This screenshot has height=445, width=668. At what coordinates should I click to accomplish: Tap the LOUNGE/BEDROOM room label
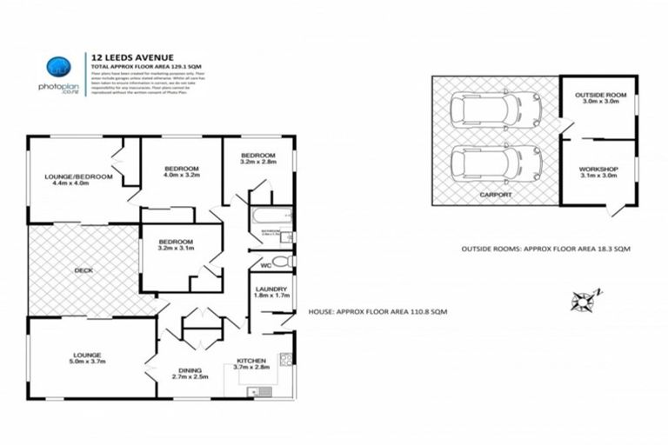[78, 179]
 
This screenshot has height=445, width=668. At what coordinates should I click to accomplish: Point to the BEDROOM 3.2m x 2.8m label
[258, 157]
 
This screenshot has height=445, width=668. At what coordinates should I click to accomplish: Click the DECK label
[83, 270]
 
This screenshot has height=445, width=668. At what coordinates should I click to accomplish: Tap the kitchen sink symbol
[260, 392]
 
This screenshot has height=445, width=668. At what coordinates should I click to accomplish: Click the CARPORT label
[495, 196]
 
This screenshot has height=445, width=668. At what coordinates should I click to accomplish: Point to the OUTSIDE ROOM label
[597, 97]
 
